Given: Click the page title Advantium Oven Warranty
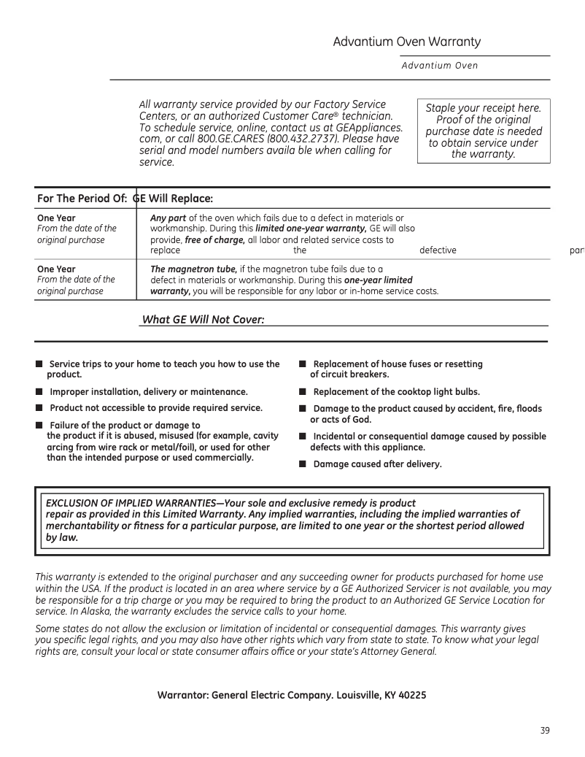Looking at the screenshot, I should (x=406, y=42).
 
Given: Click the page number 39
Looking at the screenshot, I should (x=545, y=731).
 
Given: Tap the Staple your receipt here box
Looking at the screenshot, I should (x=483, y=131).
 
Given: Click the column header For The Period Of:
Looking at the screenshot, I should (x=82, y=199).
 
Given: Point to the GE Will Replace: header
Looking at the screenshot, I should (x=173, y=199).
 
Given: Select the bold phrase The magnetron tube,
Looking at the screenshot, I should (x=193, y=269).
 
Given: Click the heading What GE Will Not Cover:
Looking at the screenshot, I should (x=202, y=319).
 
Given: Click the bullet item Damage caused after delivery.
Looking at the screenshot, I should (x=376, y=464).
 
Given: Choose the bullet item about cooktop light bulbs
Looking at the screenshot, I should (x=395, y=391).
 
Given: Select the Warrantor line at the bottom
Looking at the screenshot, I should (x=292, y=695).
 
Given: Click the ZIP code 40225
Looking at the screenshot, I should (x=411, y=695).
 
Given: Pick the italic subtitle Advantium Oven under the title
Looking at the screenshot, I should (x=439, y=66).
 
